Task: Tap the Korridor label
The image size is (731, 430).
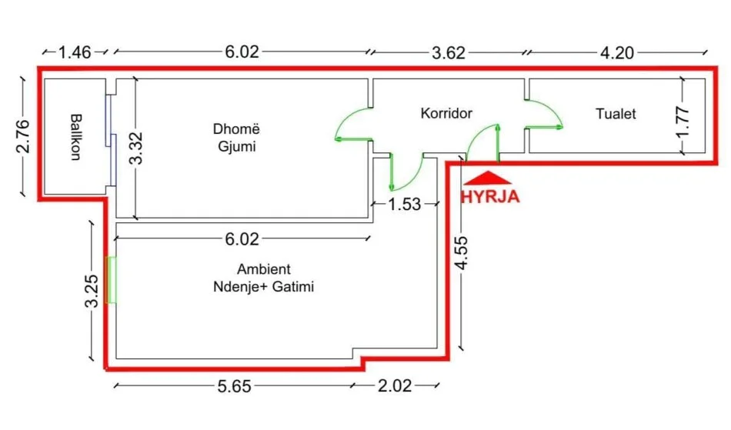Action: tap(446, 113)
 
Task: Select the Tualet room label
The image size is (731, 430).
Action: tap(616, 114)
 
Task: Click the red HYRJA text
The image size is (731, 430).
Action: tap(490, 196)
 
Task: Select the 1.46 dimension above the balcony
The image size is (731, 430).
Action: tap(75, 52)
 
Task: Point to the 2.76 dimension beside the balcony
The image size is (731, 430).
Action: tap(22, 136)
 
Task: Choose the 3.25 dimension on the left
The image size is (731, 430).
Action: tap(91, 292)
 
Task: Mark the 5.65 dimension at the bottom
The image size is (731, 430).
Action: tap(235, 386)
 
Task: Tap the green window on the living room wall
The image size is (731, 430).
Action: tap(112, 280)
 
